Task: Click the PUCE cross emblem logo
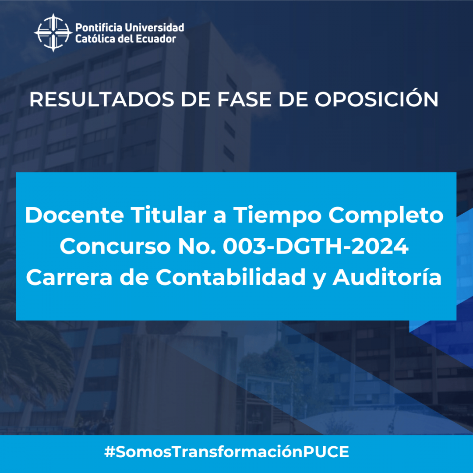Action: (x=53, y=32)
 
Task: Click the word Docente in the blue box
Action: (x=74, y=215)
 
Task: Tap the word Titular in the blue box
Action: (x=169, y=215)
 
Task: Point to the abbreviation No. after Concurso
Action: (x=197, y=246)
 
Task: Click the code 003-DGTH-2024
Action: (x=316, y=246)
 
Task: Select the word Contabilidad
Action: (x=231, y=277)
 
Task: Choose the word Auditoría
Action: (x=387, y=277)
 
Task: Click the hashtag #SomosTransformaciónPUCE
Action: (x=226, y=452)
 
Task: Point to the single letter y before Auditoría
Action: (x=319, y=279)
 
